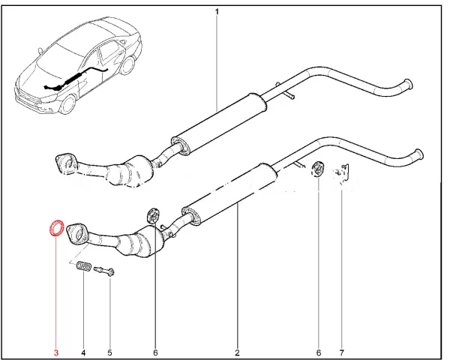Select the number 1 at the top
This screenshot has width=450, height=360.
(x=217, y=11)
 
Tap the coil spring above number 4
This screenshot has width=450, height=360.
(x=84, y=266)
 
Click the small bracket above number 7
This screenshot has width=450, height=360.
(x=344, y=173)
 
